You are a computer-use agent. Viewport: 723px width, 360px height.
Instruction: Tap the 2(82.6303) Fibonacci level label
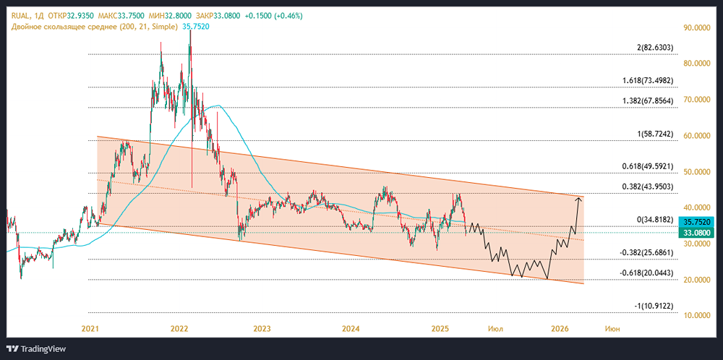pos(655,48)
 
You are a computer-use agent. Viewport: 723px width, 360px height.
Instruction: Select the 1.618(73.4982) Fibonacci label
pos(648,81)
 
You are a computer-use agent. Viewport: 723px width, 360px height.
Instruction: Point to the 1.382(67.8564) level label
pos(648,101)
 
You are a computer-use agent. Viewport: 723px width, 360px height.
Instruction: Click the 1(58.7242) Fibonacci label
pos(655,134)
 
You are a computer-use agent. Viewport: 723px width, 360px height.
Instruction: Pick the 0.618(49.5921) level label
pos(648,167)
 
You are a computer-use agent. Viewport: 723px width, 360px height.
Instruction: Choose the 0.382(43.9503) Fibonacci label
pos(648,187)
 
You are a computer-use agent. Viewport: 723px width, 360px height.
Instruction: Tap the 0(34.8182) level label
pos(655,220)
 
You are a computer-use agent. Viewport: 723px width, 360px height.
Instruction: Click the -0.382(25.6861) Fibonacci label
pos(646,253)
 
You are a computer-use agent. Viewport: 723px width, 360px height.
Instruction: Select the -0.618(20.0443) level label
pos(646,273)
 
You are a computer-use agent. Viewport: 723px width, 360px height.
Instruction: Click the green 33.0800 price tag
pos(698,233)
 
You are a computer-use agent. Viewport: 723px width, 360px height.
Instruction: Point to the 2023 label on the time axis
pos(262,329)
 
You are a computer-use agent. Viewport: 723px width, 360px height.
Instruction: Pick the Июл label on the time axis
pos(496,329)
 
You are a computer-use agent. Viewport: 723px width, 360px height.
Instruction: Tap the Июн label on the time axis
pos(611,329)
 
